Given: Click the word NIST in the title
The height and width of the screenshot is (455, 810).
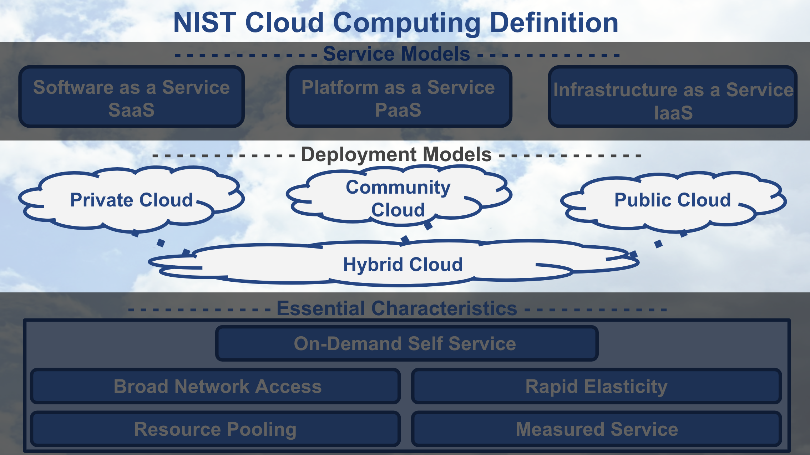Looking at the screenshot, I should point(204,23).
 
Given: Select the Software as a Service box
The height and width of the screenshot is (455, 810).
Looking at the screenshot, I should point(131,96).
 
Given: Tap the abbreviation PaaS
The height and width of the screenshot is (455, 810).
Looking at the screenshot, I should point(398,110).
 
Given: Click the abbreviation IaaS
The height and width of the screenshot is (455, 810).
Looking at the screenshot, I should point(673,113).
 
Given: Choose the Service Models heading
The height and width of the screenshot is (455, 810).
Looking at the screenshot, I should point(396,54).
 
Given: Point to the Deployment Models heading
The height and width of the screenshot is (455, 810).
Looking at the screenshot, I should point(396,154).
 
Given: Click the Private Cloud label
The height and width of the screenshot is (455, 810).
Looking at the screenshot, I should point(131,200).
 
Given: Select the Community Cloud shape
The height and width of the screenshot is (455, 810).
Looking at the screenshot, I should point(398,198).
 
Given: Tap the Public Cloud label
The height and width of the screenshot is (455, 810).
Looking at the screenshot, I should point(673,200).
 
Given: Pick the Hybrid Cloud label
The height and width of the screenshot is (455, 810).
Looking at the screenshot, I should point(403,265).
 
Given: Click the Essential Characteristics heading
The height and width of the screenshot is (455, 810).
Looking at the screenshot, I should point(397,308).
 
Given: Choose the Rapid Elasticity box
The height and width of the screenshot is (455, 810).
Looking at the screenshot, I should point(596,387).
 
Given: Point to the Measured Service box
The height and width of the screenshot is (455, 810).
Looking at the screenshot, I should point(596,429).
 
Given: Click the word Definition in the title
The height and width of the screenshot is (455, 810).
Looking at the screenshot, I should point(554,23).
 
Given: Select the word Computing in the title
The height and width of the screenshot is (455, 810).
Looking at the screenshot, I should point(407,23).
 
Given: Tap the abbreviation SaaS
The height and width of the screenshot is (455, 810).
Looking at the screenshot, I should point(131,110).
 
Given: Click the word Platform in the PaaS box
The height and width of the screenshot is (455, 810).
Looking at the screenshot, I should point(339,87).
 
